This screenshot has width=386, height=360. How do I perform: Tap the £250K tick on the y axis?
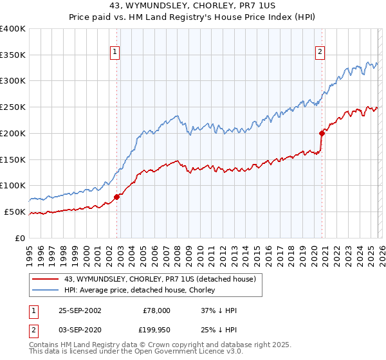(x=13, y=107)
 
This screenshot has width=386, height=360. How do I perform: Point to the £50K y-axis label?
(x=15, y=212)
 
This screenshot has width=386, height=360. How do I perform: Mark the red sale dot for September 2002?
(x=117, y=197)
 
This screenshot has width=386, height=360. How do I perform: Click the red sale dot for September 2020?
(x=321, y=134)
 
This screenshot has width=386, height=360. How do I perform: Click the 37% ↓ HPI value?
(x=219, y=310)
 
